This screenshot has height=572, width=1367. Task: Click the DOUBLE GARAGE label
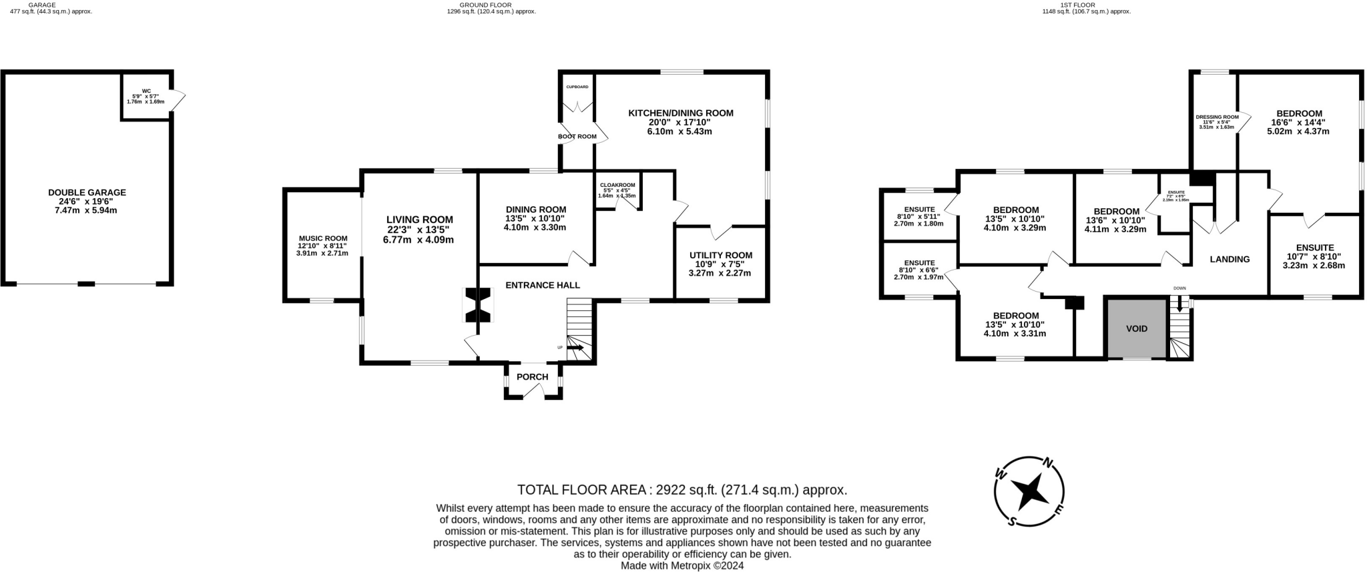coord(87,192)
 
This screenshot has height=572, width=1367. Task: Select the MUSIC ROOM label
coord(323,238)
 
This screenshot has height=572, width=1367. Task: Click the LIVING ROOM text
coord(419,220)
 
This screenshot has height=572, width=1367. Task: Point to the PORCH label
coord(532,377)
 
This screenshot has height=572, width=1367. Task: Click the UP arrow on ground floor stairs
coord(575,347)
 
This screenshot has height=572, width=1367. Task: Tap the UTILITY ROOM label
coord(720,255)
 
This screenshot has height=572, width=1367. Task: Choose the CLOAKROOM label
coord(617,185)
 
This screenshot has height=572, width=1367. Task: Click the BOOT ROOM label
coord(577,137)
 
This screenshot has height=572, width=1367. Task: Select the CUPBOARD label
coord(577,87)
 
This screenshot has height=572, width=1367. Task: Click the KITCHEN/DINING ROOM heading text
coord(680,113)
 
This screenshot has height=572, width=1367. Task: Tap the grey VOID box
coord(1136,328)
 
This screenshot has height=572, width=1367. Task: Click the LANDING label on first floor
coord(1229,259)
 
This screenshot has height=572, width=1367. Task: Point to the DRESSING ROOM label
coord(1216,117)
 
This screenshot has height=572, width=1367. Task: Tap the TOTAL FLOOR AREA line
coord(682,490)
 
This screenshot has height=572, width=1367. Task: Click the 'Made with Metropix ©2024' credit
coord(681,565)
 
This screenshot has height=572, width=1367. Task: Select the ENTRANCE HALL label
coord(542,285)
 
